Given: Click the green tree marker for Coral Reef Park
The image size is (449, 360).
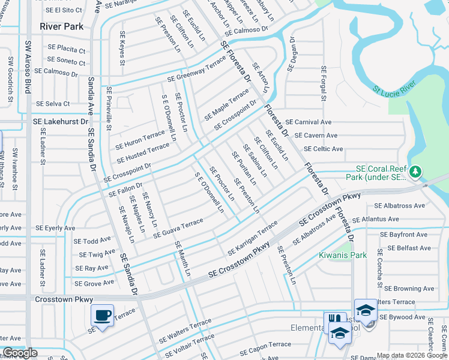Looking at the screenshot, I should (x=415, y=173).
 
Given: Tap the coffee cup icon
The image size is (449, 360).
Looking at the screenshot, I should (x=101, y=315).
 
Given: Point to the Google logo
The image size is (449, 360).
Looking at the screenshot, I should (x=20, y=353).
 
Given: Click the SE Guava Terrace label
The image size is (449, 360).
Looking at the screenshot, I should (x=178, y=229).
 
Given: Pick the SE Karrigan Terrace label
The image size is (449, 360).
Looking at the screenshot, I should (x=253, y=238).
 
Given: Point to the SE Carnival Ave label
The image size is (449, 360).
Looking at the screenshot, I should (x=308, y=122).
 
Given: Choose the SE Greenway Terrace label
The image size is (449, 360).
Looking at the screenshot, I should (x=196, y=70).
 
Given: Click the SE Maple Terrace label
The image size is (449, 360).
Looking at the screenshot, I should (x=226, y=104).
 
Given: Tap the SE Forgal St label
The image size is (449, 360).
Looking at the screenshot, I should (x=323, y=83).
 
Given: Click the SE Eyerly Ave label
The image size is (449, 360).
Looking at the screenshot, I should (x=55, y=228).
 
